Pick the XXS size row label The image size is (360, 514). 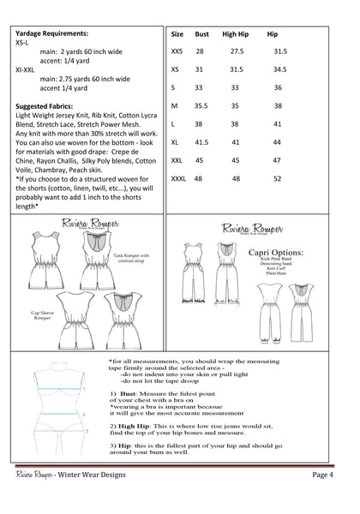point(176,51)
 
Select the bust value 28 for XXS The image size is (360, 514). point(200,51)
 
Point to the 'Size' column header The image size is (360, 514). point(177,35)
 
